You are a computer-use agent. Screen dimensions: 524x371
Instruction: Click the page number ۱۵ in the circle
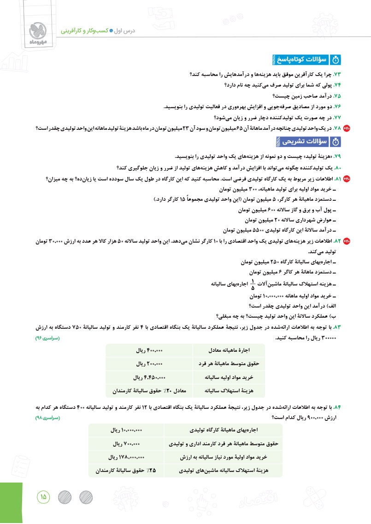pyautogui.click(x=43, y=497)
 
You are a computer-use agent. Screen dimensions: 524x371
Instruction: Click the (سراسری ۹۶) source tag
pyautogui.click(x=48, y=338)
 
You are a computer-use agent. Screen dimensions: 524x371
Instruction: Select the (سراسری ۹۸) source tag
pyautogui.click(x=48, y=419)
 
